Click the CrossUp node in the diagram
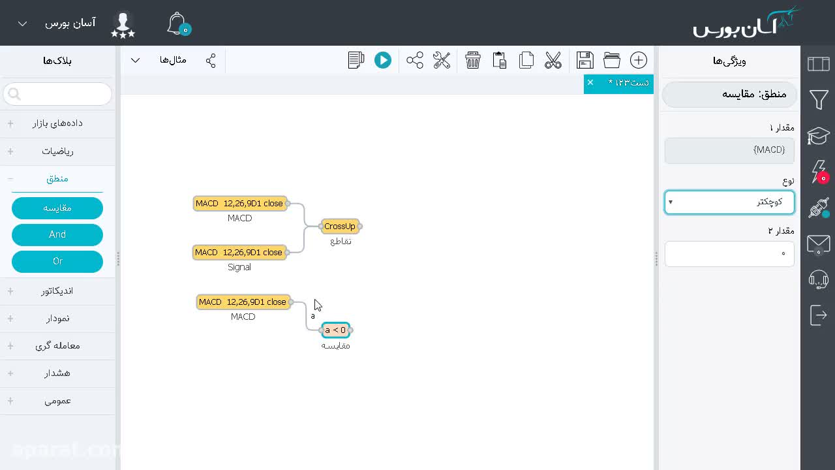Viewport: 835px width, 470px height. [x=340, y=226]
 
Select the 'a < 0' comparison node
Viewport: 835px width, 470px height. [x=335, y=330]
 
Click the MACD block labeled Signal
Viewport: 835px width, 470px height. [x=239, y=252]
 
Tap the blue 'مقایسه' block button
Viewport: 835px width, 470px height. [x=57, y=208]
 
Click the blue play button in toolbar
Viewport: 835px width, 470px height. [x=383, y=60]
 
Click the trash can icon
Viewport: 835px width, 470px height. [x=473, y=60]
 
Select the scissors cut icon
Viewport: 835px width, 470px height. [x=553, y=60]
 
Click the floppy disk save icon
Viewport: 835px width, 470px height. [x=585, y=60]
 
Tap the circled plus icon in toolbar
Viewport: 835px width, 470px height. [x=639, y=60]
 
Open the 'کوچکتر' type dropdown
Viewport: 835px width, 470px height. [x=729, y=202]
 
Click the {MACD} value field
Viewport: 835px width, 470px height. [x=729, y=150]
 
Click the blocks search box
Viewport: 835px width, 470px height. [x=57, y=93]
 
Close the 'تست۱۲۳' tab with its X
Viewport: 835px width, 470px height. [x=590, y=82]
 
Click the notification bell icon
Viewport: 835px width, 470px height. [x=177, y=23]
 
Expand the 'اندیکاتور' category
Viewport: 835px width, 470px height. [x=57, y=291]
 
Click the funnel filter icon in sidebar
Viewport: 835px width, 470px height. [x=819, y=99]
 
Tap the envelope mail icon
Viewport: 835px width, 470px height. [x=819, y=245]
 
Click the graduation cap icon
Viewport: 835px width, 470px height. [x=819, y=136]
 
